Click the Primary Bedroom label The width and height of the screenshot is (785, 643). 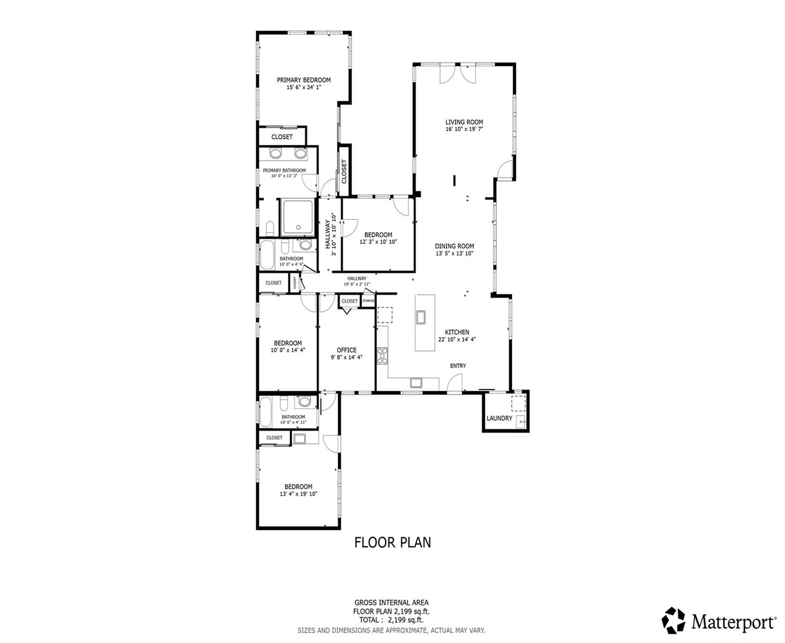point(303,80)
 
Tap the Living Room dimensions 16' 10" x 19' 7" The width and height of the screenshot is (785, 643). point(464,129)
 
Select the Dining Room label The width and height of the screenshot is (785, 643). point(454,246)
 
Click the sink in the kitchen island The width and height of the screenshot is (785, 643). point(422,317)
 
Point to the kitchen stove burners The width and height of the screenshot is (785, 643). point(382,355)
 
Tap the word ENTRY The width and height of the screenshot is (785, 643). point(458,366)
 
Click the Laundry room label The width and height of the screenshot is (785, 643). point(499,418)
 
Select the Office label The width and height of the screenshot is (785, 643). point(347,350)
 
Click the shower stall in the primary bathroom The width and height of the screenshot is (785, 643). point(298,218)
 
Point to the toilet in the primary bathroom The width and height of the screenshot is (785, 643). point(270,228)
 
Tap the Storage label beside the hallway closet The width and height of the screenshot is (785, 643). point(368,301)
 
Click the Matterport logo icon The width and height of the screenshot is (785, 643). point(673,620)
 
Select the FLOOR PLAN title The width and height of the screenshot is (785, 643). point(392,542)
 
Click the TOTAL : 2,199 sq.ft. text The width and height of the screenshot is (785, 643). point(391,620)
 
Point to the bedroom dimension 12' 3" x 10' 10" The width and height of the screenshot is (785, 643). point(378,242)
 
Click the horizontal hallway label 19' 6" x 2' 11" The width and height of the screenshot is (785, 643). point(356,284)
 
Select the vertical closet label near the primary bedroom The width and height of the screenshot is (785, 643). point(344,171)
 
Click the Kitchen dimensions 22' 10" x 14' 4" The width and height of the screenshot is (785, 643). point(457,339)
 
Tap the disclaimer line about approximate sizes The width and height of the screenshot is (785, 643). point(391,630)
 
